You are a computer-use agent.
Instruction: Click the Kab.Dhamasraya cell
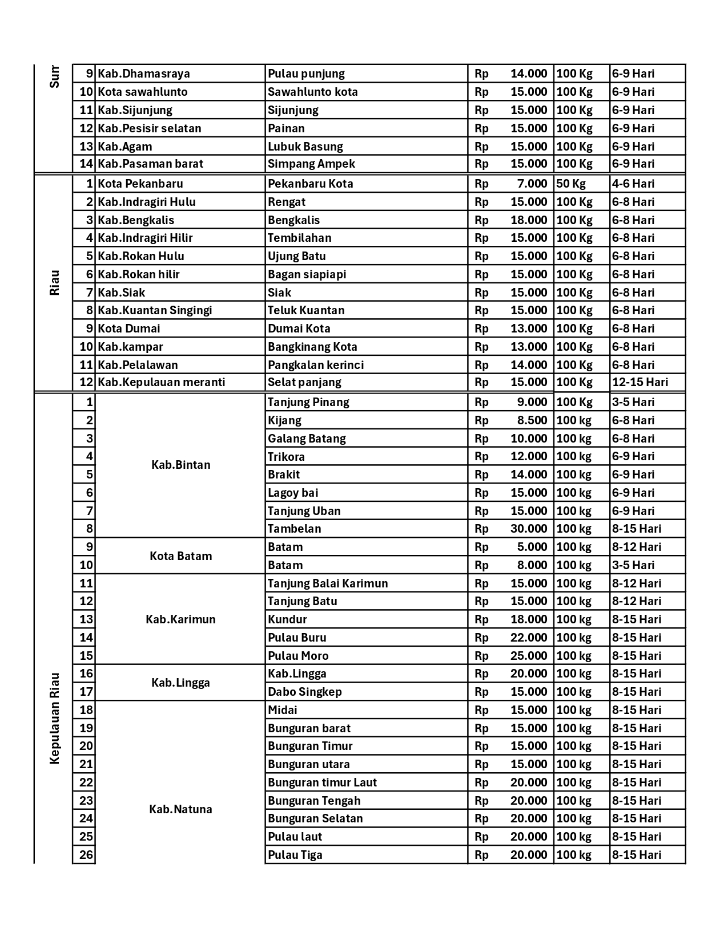[144, 74]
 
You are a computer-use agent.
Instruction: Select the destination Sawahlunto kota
[313, 92]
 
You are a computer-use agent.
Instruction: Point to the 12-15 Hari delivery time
[639, 382]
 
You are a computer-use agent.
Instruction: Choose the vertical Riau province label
[54, 283]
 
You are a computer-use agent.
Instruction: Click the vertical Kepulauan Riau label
[54, 718]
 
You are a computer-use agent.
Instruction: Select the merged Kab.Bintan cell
[180, 465]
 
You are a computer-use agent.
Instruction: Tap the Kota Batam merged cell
[180, 556]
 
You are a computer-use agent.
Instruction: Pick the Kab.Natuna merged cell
[180, 809]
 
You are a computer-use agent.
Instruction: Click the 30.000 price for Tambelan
[529, 529]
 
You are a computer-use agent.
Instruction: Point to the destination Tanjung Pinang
[308, 402]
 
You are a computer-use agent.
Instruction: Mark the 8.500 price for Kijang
[532, 420]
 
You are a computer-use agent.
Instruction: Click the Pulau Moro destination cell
[298, 656]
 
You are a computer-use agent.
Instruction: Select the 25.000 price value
[529, 656]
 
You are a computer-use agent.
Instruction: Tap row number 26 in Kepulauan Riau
[86, 854]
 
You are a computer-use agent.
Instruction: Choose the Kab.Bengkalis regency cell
[136, 220]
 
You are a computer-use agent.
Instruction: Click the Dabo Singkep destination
[305, 692]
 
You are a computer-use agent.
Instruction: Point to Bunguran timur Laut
[322, 782]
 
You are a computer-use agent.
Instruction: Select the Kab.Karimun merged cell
[180, 619]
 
